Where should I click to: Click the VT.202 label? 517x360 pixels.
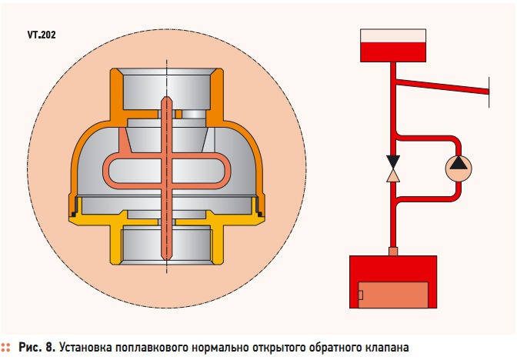[42, 35]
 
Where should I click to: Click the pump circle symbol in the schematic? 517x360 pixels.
[459, 168]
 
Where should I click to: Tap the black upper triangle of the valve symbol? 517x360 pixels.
[393, 162]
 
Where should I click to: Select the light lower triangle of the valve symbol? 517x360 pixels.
[393, 175]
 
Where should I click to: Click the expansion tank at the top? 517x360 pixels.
[393, 45]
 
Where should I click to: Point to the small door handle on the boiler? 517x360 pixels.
[360, 295]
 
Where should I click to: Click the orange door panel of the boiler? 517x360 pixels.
[393, 295]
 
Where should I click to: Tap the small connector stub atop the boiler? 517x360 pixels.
[393, 252]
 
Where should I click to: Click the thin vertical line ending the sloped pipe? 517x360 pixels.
[489, 92]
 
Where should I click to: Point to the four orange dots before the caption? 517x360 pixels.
[6, 347]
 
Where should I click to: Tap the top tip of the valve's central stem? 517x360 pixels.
[166, 97]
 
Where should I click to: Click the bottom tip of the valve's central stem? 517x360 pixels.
[166, 258]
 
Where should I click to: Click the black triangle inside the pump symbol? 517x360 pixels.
[459, 163]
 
